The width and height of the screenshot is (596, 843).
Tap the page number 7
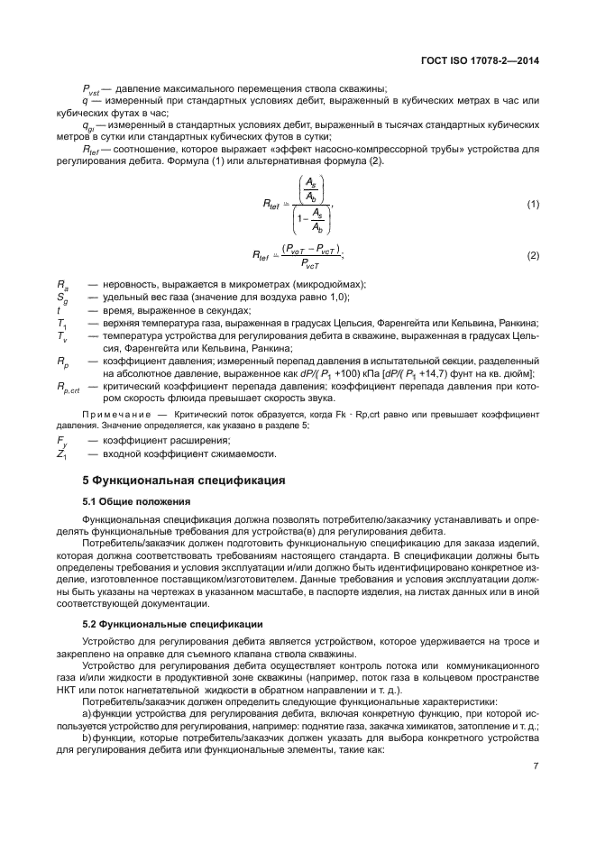coord(536,768)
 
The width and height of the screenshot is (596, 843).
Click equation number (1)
coord(533,205)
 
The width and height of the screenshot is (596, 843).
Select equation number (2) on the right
coord(533,255)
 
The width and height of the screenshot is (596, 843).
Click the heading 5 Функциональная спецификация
coord(184,479)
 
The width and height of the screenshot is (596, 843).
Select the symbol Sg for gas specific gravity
coord(60,298)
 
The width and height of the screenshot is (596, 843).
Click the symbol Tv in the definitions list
coord(60,335)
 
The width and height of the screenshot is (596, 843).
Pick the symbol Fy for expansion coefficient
coord(60,440)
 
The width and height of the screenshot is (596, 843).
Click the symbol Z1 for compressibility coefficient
coord(60,454)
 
